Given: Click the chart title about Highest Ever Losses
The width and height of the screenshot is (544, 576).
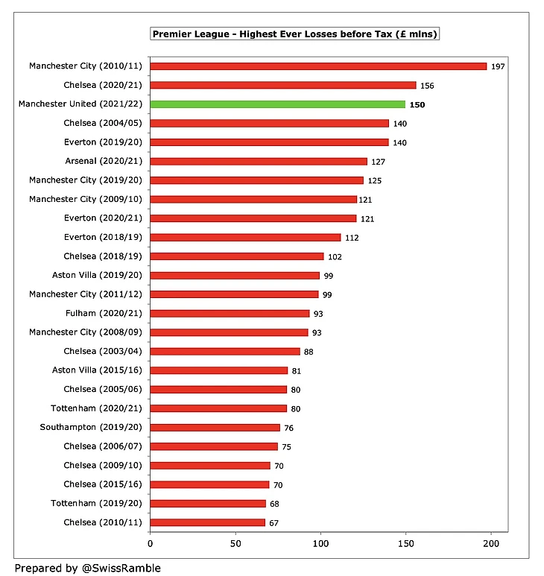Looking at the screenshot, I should tap(295, 34).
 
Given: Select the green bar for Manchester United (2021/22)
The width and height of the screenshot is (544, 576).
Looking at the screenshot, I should tap(278, 104).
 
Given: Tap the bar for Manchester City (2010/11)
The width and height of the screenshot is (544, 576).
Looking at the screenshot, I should tap(318, 66).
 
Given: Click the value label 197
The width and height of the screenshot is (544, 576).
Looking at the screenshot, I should tap(498, 66).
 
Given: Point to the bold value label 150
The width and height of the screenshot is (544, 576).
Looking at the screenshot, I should tap(418, 105).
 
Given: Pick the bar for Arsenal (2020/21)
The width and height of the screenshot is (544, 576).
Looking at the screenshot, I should tap(259, 161).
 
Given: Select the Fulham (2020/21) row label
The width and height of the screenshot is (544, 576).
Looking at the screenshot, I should tap(104, 314).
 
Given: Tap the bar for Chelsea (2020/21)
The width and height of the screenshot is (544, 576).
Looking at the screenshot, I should tap(283, 85).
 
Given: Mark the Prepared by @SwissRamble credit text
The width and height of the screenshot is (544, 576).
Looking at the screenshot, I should tap(87, 568).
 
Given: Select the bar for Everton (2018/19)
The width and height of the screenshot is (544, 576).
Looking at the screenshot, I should tap(245, 237).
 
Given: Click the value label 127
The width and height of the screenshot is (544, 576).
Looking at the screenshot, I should tap(379, 161).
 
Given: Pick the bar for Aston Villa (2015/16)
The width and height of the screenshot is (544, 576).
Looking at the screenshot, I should tap(219, 370).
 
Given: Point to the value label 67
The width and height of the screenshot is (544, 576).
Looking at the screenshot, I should tap(273, 523).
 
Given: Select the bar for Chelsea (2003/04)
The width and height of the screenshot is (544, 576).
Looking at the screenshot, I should tap(225, 351).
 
